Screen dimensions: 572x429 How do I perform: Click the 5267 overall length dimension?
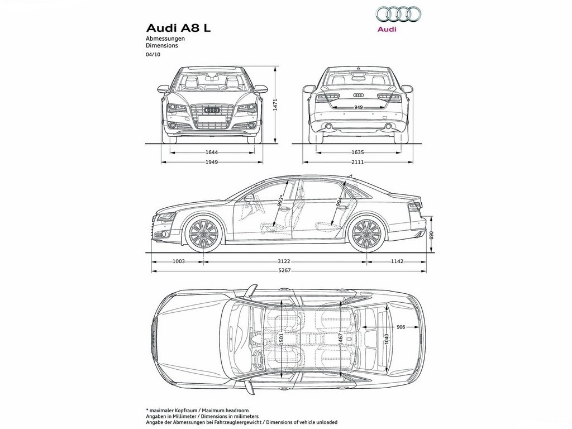pos(284,271)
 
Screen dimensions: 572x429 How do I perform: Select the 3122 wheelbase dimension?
pos(284,261)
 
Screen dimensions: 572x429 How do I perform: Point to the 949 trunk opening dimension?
pos(359,107)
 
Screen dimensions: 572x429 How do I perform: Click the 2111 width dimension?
pos(358,162)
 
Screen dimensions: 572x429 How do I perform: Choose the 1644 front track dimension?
pos(212,152)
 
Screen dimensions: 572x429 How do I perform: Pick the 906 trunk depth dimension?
pos(401,327)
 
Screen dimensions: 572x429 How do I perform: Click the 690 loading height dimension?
pos(432,235)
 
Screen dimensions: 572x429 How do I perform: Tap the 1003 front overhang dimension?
pos(178,261)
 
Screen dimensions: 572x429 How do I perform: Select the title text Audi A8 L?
pos(178,28)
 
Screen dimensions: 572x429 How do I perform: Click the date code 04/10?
pos(153,55)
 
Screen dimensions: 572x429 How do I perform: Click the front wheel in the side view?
pos(203,233)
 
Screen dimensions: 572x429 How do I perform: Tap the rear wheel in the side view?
pos(365,233)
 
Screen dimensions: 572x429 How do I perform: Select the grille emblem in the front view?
pos(212,110)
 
